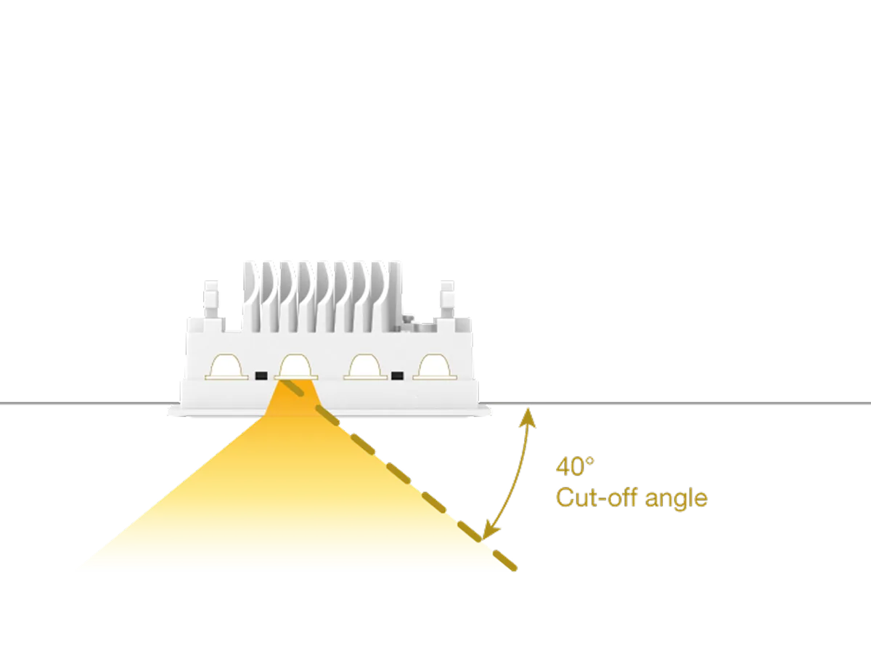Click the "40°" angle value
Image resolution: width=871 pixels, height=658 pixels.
[x=570, y=466]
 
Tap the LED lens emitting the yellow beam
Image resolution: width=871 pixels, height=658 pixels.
[x=296, y=367]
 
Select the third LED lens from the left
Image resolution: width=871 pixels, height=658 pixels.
[x=365, y=367]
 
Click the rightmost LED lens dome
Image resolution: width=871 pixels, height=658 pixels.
[x=435, y=367]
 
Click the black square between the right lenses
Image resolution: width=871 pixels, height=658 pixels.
[x=397, y=375]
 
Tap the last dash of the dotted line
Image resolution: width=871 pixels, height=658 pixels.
[x=506, y=562]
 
